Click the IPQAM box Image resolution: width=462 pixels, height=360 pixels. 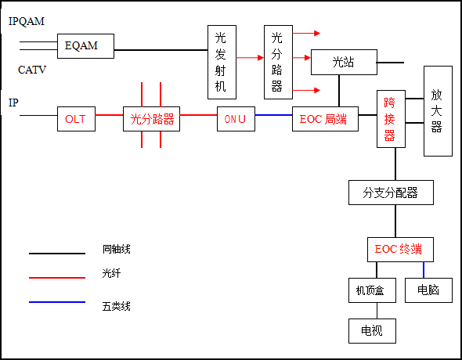[28, 21]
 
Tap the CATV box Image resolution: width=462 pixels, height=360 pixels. [34, 70]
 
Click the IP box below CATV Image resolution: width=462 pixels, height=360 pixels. [20, 103]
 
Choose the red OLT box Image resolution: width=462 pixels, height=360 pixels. [76, 120]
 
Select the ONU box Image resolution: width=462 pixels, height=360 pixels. [235, 120]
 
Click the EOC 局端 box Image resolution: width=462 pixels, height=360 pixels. [323, 120]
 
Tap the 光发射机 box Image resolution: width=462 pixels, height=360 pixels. [222, 62]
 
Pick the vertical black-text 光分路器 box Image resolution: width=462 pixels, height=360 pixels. [277, 62]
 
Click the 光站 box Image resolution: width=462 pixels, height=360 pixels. [343, 62]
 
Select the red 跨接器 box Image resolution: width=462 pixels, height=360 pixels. [390, 119]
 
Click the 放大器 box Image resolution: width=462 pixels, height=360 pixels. [437, 110]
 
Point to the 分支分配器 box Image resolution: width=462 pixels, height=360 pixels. [390, 192]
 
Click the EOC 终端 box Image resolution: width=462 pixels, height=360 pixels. [399, 250]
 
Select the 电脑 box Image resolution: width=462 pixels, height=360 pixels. [428, 290]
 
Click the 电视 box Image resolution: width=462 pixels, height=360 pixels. [372, 330]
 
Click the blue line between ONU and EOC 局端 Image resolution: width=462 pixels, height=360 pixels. [273, 115]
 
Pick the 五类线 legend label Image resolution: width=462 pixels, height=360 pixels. [117, 306]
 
